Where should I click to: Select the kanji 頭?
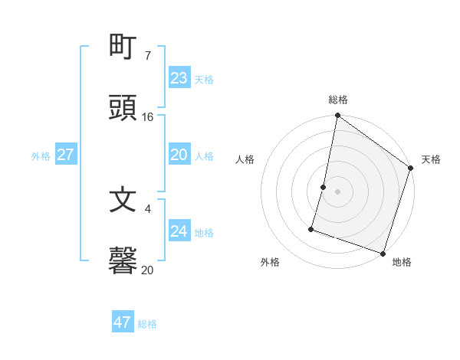point(123,108)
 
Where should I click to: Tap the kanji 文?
point(123,200)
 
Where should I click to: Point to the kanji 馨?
point(123,260)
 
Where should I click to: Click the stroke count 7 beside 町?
point(147,56)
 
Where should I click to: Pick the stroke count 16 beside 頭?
point(148,117)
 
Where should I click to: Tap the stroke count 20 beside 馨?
point(148,270)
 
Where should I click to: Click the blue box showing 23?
point(179,78)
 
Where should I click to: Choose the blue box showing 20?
point(179,155)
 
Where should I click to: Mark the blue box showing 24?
point(179,231)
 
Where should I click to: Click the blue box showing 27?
point(65,155)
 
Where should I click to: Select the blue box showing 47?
point(122,322)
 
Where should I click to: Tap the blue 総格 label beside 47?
point(147,324)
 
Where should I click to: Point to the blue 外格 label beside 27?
point(41,156)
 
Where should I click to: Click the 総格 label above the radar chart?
point(338,100)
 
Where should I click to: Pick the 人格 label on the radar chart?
point(245,159)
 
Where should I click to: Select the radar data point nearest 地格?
point(383,252)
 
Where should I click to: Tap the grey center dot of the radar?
point(338,191)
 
